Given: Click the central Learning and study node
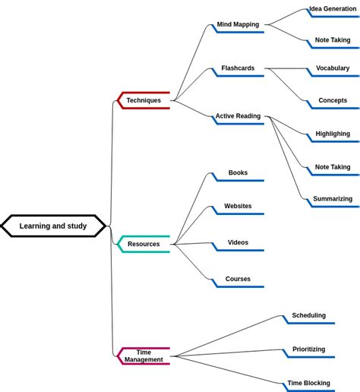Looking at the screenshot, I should tap(53, 226).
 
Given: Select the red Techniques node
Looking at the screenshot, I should tap(144, 100).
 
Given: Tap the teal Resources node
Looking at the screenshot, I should tap(144, 244).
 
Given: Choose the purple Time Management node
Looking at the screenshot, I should tap(144, 356).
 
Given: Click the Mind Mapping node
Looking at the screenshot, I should tap(238, 24).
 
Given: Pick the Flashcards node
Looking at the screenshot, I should tap(238, 68).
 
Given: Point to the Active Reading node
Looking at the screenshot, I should tap(238, 116).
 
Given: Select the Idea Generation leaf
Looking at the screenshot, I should tap(333, 9).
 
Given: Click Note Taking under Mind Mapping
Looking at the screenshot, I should tap(333, 40).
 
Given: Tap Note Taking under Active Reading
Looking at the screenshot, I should tap(333, 167).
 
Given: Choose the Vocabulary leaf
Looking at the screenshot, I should tap(333, 68).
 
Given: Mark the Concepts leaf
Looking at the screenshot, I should tap(333, 100).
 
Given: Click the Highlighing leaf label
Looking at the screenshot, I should tap(333, 134).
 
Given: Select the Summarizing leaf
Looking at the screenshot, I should tap(333, 199).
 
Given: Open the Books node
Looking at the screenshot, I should tap(238, 173).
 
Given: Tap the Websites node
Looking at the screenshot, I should tap(238, 206).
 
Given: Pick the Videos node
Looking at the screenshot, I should tap(238, 242).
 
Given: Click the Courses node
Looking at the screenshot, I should tap(238, 279).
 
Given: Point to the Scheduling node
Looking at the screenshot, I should tap(308, 315).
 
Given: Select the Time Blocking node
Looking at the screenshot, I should tap(308, 383).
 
